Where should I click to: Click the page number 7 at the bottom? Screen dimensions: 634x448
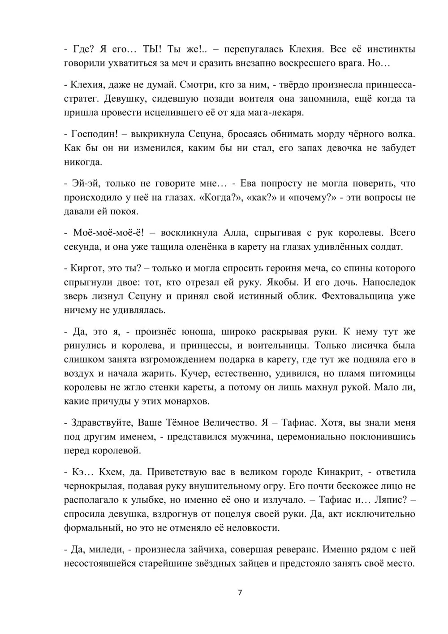240,593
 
